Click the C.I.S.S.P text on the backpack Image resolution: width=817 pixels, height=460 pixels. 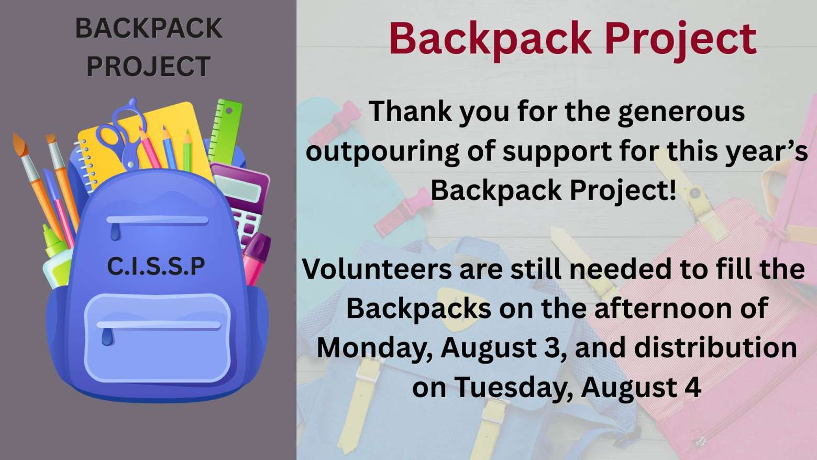(x=156, y=266)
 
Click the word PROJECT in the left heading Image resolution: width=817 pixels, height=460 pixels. (x=148, y=67)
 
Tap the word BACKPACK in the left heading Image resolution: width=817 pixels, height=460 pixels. (x=148, y=28)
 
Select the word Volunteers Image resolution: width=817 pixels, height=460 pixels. (x=377, y=269)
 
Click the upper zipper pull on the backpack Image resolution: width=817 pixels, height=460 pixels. (x=115, y=232)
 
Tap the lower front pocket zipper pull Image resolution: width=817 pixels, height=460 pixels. (x=107, y=336)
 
